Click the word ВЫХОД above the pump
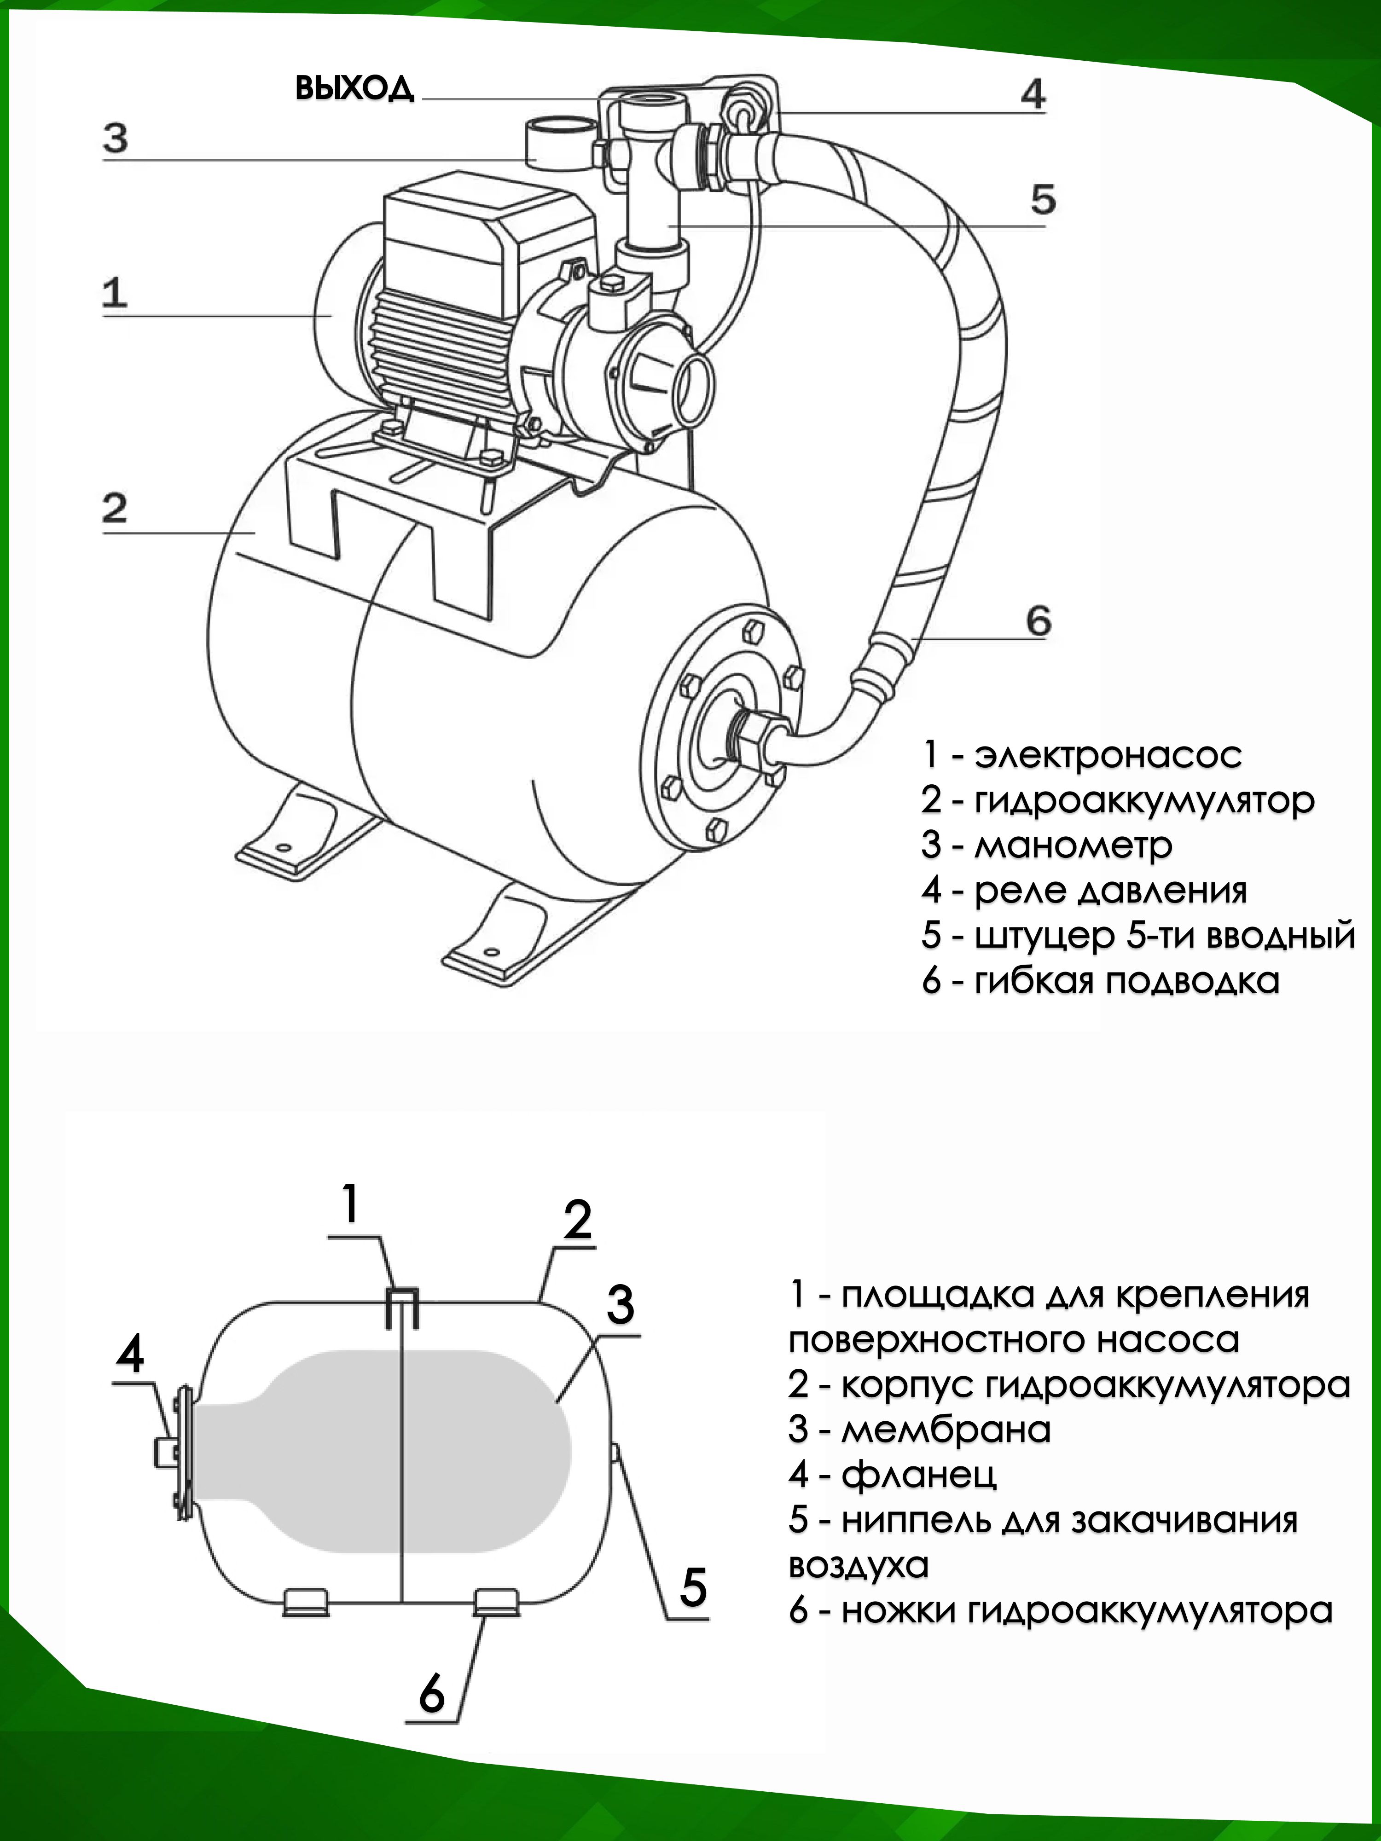click(354, 88)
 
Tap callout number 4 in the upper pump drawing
click(1032, 94)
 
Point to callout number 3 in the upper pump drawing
click(116, 138)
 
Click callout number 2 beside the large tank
click(115, 508)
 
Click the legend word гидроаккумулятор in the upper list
click(1144, 801)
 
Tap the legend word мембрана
click(946, 1430)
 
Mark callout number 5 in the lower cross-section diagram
click(693, 1586)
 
